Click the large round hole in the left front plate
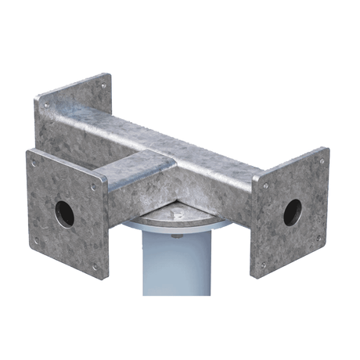pyautogui.click(x=64, y=213)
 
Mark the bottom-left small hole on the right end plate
pyautogui.click(x=263, y=265)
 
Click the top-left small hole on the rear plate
pyautogui.click(x=45, y=105)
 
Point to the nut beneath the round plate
pyautogui.click(x=175, y=235)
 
